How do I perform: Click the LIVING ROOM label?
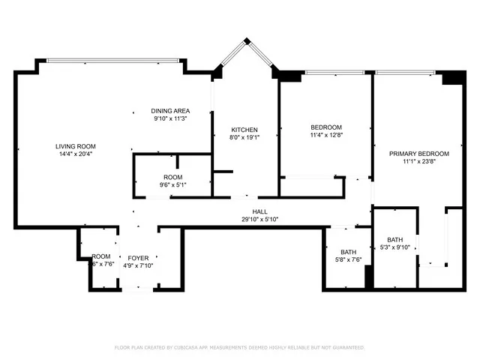[75, 146]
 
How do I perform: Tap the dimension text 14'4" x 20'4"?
[75, 154]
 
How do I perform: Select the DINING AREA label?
[170, 111]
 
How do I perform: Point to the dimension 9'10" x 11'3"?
[170, 118]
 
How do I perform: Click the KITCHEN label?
[244, 130]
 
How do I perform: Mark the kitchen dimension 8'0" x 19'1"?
[244, 137]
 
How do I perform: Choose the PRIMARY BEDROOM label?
[418, 153]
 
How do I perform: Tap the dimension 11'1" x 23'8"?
[418, 160]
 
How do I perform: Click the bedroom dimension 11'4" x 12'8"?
[326, 135]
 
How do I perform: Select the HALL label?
[259, 212]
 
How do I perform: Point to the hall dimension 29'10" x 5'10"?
[259, 220]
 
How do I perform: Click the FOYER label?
[138, 256]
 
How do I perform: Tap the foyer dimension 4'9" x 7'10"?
[138, 264]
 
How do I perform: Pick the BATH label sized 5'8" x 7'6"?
[348, 253]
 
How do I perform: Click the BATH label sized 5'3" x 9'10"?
[394, 239]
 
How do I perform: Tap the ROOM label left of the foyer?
[101, 256]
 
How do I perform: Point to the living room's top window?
[112, 61]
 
